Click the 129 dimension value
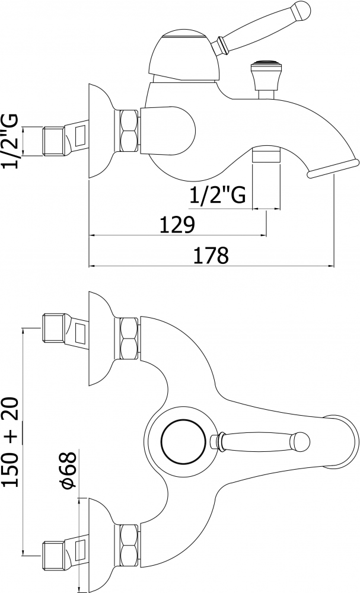click(177, 225)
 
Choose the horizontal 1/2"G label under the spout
click(218, 196)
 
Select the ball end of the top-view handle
click(301, 441)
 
